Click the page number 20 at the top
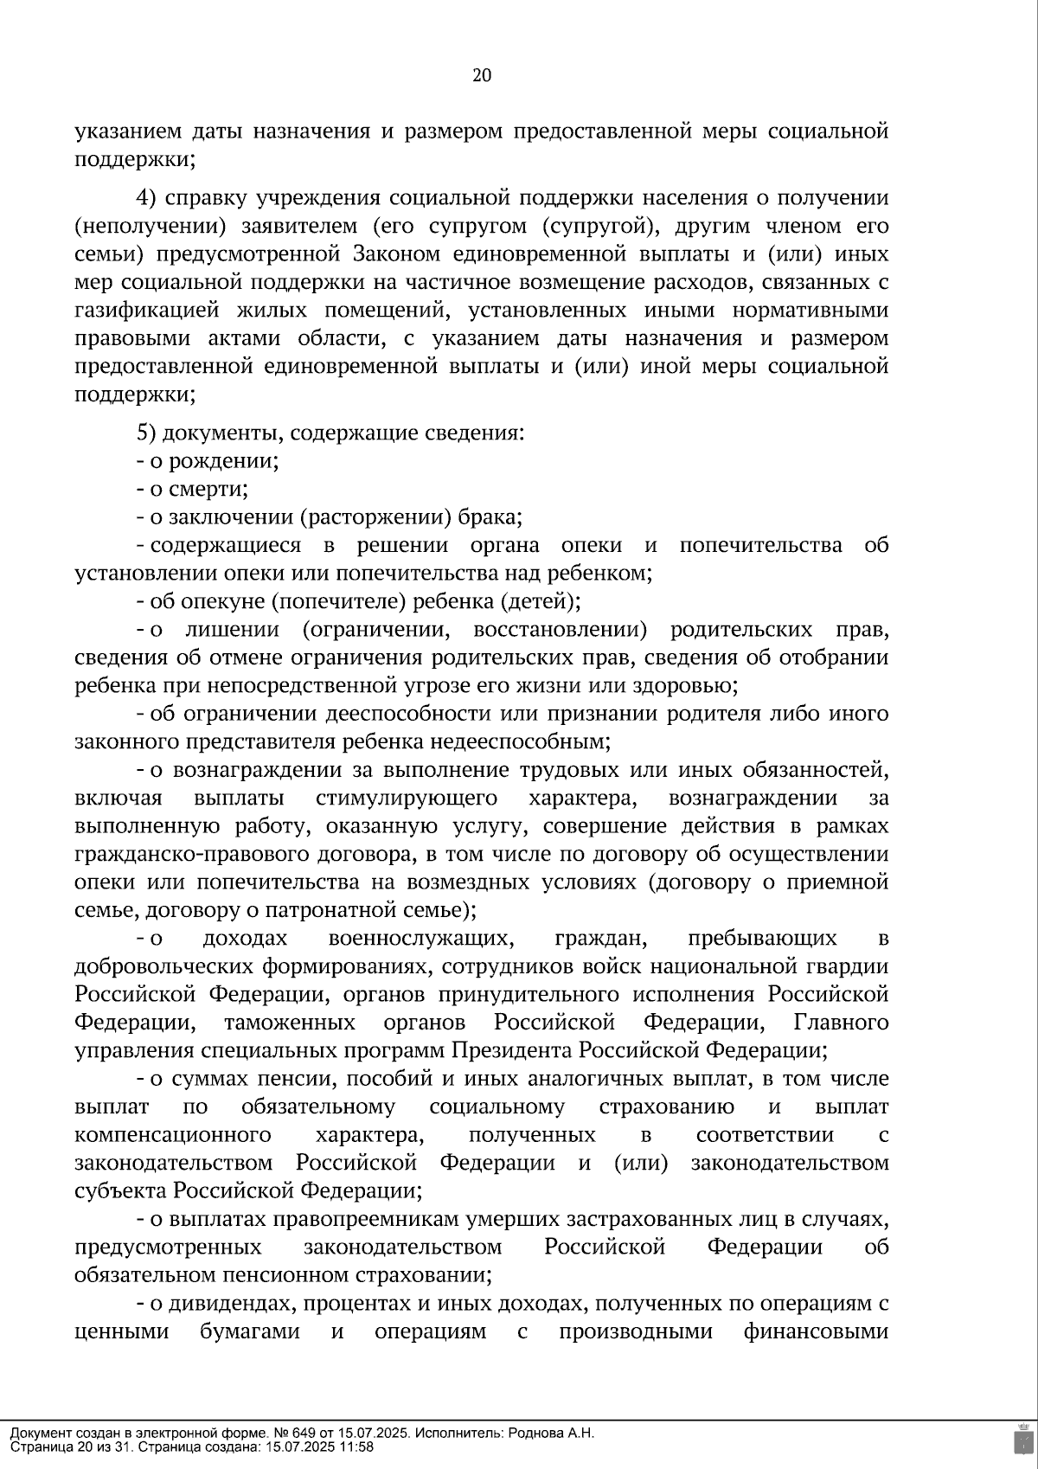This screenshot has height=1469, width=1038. (x=482, y=75)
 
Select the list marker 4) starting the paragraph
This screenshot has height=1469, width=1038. (x=145, y=198)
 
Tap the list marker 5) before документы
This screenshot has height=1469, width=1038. (x=145, y=433)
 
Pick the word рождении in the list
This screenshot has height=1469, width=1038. (x=224, y=461)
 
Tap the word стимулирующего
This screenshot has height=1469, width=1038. (x=407, y=798)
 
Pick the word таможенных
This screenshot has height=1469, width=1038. (x=290, y=1023)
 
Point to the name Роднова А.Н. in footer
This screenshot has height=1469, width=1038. (x=557, y=1433)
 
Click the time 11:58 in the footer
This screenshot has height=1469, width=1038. (x=356, y=1447)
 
